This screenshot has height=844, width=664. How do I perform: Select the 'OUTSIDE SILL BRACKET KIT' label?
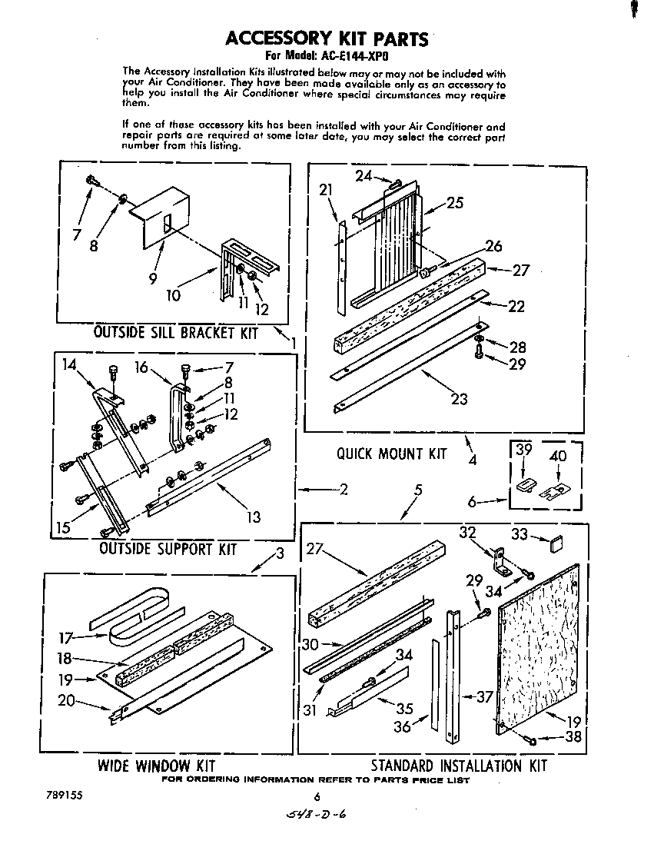[x=175, y=333]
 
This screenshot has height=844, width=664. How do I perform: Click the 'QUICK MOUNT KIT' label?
[x=391, y=454]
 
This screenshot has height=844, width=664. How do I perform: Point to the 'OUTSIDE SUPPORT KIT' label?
[x=168, y=550]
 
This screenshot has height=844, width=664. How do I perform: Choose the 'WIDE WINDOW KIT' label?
[x=156, y=766]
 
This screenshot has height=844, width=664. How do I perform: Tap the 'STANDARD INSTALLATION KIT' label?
[x=459, y=766]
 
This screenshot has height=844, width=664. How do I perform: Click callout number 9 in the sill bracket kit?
[x=154, y=280]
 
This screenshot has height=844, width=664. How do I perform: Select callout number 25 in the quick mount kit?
[x=455, y=203]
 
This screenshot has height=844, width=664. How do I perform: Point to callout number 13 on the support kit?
[x=254, y=517]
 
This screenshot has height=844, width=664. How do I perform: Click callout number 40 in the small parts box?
[x=558, y=457]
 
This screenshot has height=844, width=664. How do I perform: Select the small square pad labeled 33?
[x=556, y=545]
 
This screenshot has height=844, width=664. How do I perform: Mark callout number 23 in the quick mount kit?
[x=459, y=399]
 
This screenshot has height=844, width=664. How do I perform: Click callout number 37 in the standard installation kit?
[x=484, y=697]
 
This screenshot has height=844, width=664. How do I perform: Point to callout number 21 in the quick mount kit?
[x=327, y=191]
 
